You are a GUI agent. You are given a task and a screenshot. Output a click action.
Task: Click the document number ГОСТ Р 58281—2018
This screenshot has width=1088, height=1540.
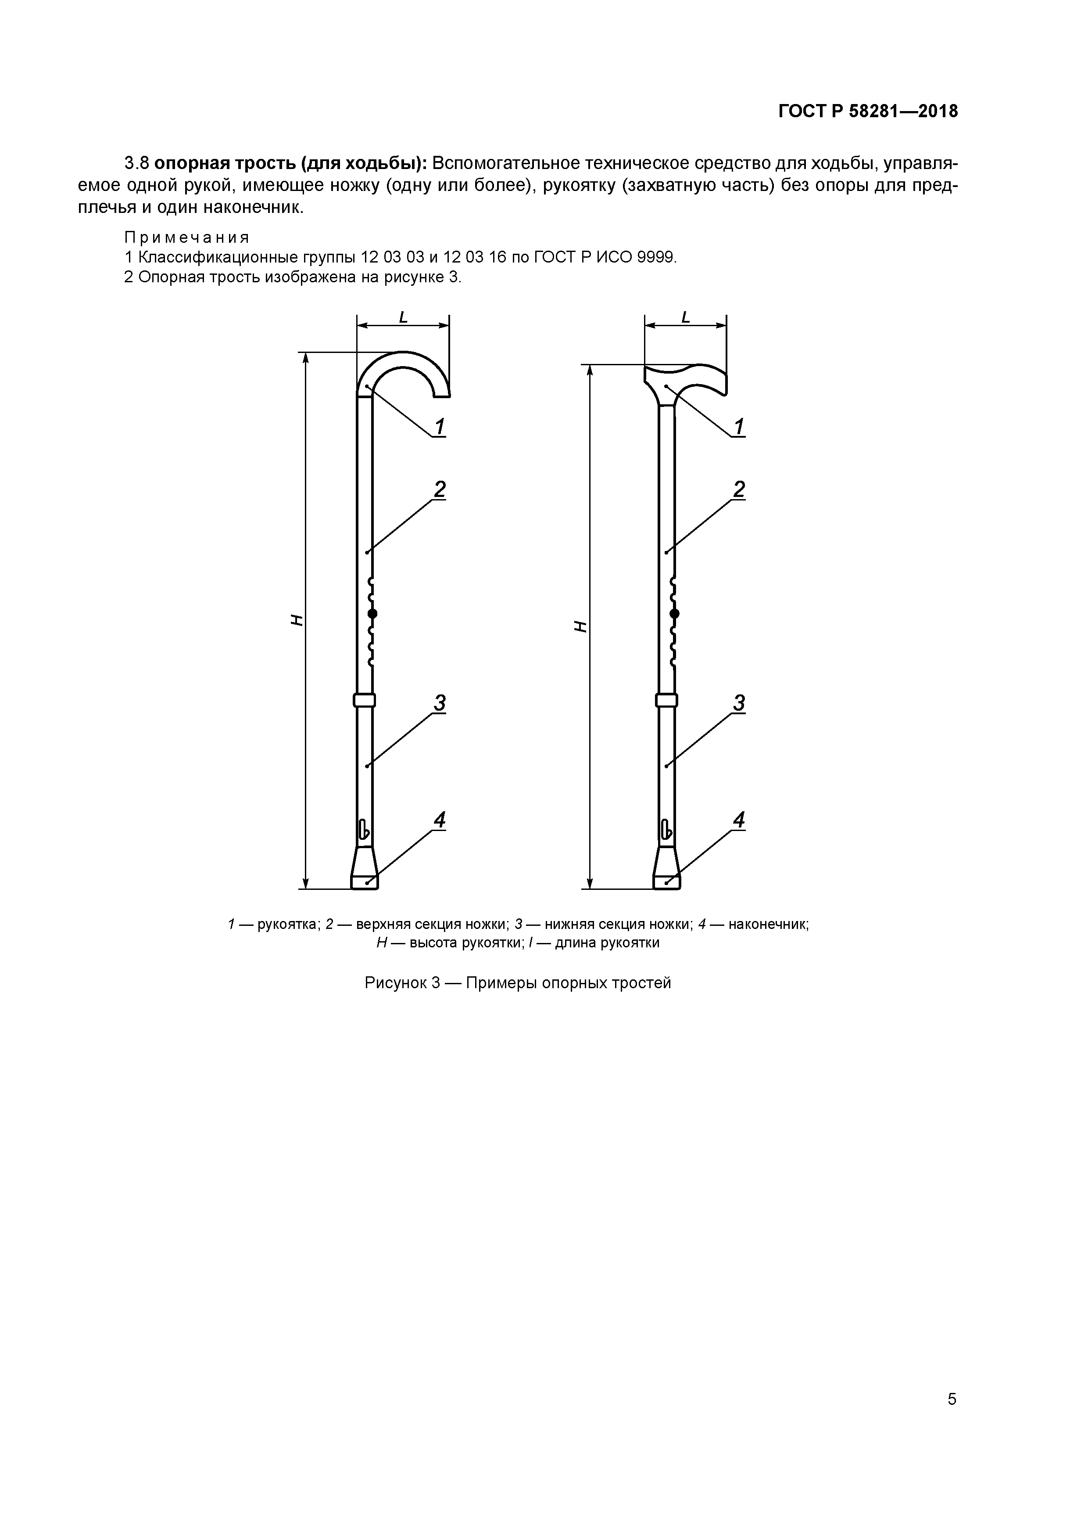[x=868, y=112]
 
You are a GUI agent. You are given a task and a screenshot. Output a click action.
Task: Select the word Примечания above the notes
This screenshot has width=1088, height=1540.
[x=186, y=237]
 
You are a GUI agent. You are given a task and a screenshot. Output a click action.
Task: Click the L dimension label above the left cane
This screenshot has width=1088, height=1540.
[x=403, y=317]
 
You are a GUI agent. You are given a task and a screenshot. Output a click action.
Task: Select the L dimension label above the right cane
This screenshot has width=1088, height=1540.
[x=685, y=317]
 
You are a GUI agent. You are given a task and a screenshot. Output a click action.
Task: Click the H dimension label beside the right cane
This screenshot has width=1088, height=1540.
[x=580, y=626]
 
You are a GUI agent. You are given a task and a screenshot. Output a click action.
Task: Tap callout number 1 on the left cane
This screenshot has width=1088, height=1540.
[x=440, y=427]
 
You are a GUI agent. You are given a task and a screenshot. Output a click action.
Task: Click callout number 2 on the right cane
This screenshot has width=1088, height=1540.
[x=739, y=489]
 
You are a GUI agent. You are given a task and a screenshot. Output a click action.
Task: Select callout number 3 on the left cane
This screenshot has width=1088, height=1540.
[x=440, y=703]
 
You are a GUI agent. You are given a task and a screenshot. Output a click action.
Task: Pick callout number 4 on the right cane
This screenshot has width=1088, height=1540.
[x=739, y=820]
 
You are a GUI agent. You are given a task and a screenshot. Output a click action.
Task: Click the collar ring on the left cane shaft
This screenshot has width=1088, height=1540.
[x=364, y=700]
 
